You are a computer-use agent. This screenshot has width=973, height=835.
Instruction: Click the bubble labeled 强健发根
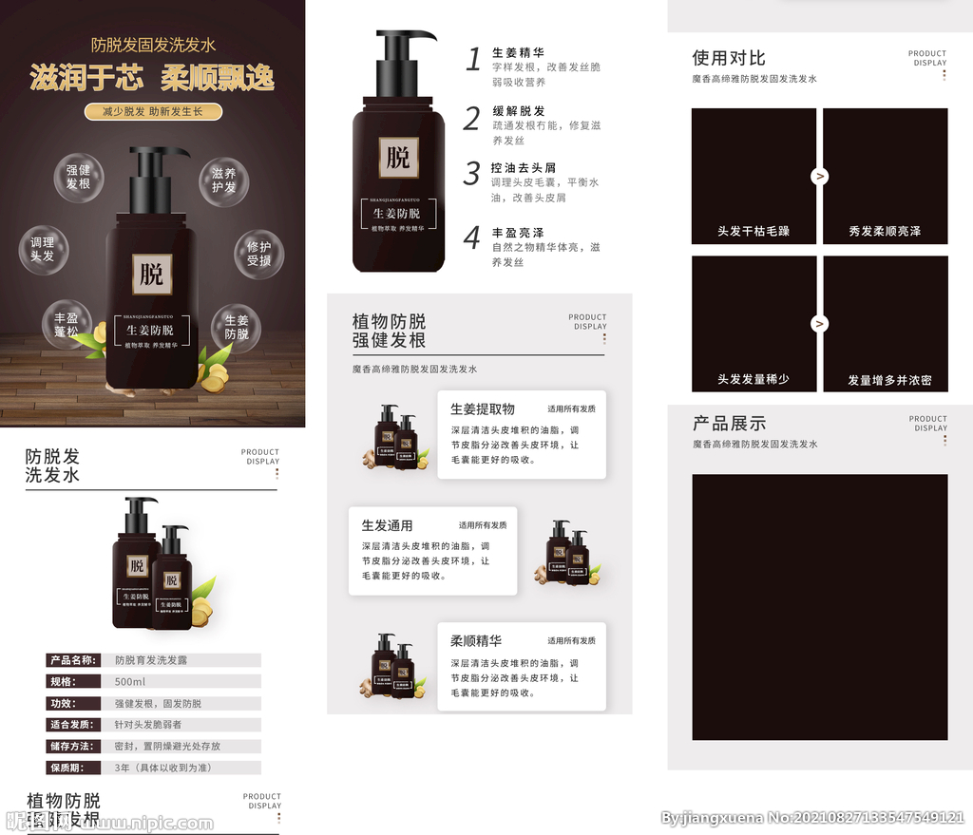point(78,178)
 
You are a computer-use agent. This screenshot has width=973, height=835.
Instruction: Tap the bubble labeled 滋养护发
point(223,180)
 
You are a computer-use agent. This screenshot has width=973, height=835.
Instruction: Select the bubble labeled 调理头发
point(43,250)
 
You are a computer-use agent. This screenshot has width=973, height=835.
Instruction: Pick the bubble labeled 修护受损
point(258,254)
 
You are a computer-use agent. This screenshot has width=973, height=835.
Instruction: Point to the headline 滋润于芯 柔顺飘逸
point(152,78)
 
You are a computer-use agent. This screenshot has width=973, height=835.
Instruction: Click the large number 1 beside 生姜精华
point(473,60)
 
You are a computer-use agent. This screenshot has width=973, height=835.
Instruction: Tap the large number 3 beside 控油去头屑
point(471,174)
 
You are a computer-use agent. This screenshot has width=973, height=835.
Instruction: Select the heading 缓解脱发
point(518,111)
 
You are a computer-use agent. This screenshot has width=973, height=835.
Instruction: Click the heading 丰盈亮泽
point(518,232)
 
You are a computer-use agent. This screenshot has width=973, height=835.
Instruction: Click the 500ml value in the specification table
point(130,682)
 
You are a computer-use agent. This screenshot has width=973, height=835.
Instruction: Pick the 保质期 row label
point(67,768)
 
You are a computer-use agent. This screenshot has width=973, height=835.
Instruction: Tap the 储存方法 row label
point(72,747)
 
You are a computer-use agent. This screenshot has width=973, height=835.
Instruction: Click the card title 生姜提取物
point(482,409)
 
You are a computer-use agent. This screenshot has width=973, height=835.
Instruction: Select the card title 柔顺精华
point(476,641)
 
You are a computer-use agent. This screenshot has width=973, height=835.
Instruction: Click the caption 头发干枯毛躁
point(753,231)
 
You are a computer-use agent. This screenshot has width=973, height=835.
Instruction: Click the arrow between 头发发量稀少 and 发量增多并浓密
point(819,324)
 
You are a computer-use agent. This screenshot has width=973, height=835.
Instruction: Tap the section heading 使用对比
point(728,58)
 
